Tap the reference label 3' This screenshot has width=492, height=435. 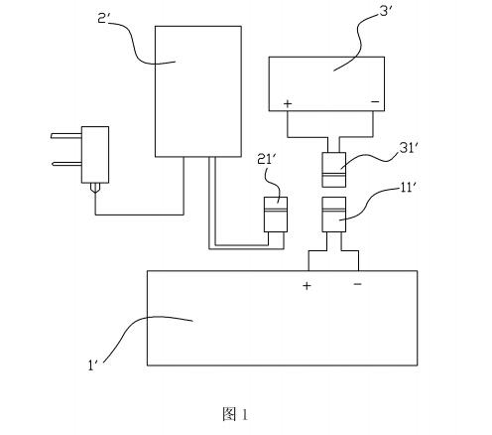click(x=386, y=11)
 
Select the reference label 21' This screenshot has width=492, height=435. click(x=265, y=160)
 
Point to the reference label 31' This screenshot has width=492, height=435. click(x=407, y=148)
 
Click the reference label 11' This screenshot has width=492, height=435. click(x=408, y=188)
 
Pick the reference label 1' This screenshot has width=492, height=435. click(x=92, y=365)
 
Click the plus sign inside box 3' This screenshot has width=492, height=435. click(x=288, y=103)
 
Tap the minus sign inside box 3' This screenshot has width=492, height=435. click(x=375, y=101)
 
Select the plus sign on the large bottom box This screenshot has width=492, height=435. click(x=307, y=285)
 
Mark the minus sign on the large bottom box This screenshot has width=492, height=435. click(x=358, y=284)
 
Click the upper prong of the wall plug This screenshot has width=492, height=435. click(x=66, y=135)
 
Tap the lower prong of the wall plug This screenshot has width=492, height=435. click(x=66, y=164)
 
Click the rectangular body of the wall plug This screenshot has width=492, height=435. click(x=95, y=155)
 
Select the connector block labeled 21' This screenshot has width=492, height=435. click(x=276, y=215)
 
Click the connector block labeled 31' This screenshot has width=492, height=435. click(x=334, y=170)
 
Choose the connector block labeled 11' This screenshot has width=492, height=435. click(x=334, y=215)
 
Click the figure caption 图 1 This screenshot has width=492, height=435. click(x=235, y=414)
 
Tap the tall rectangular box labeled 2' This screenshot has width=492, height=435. click(x=198, y=91)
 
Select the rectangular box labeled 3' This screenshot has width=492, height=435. click(x=326, y=83)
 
